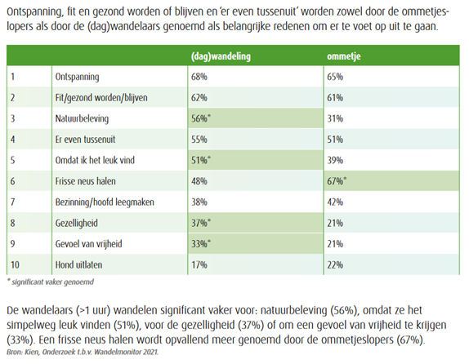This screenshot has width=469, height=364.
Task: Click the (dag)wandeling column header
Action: point(221,56)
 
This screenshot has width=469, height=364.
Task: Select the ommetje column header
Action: point(344,56)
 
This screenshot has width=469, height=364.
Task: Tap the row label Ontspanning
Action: point(77,77)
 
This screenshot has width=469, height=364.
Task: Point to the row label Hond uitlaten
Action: point(78,264)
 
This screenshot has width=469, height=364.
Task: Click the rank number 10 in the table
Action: point(15,264)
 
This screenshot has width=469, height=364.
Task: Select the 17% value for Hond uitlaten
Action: point(199,264)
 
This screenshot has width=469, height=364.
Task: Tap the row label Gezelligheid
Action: point(77,224)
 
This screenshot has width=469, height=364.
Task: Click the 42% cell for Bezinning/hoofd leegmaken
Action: point(335,202)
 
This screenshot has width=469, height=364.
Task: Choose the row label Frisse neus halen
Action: point(85,181)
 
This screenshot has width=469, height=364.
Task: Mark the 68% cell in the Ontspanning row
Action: point(199,77)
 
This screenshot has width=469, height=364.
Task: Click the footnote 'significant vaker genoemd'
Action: point(51,282)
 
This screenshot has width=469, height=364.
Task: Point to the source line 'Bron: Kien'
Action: point(83,352)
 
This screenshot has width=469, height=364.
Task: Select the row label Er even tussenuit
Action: point(85,140)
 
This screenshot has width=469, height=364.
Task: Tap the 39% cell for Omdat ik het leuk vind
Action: point(335,160)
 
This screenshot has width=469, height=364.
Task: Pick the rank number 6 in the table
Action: point(12,181)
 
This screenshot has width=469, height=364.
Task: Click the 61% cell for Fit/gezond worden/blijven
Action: point(335,98)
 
